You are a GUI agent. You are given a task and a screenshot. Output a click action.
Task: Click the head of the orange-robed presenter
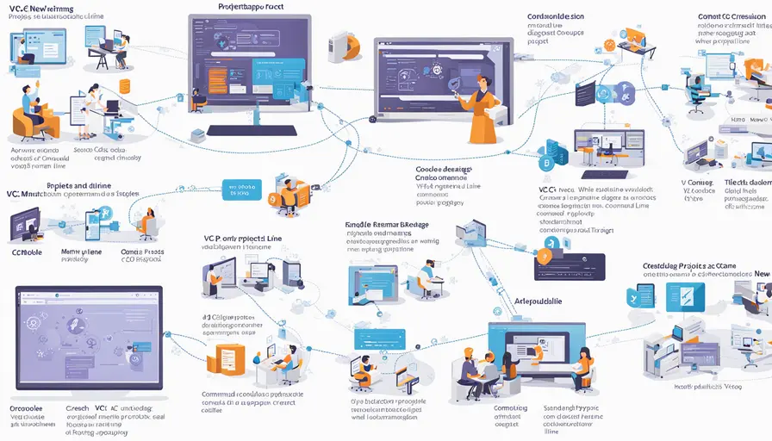(x=480, y=82)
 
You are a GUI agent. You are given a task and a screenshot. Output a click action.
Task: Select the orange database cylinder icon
(x=124, y=86)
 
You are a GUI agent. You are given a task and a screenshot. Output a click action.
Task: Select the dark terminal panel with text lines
(x=570, y=267)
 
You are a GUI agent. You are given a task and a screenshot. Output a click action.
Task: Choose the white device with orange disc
(x=343, y=45)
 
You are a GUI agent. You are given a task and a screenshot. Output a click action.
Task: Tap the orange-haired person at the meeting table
(x=470, y=357)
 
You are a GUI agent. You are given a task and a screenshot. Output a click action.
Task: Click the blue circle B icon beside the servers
(x=545, y=163)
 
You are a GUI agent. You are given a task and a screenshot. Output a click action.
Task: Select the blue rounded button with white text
(x=240, y=189)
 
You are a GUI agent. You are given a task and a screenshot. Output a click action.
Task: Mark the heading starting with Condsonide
(x=556, y=16)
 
